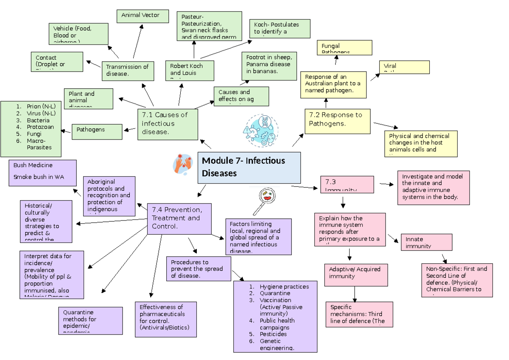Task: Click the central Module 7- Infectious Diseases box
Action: [x=249, y=167]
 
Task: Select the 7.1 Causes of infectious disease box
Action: [x=168, y=124]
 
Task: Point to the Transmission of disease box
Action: [x=127, y=70]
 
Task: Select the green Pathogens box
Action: [x=97, y=131]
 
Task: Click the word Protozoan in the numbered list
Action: [x=40, y=127]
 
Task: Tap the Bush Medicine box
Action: [x=42, y=173]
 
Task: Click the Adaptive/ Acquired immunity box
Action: [x=356, y=274]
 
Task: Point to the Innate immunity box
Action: [x=426, y=242]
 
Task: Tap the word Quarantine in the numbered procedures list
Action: [x=275, y=293]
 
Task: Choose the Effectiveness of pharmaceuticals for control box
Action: [x=165, y=319]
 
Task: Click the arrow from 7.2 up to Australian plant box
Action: [x=326, y=103]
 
